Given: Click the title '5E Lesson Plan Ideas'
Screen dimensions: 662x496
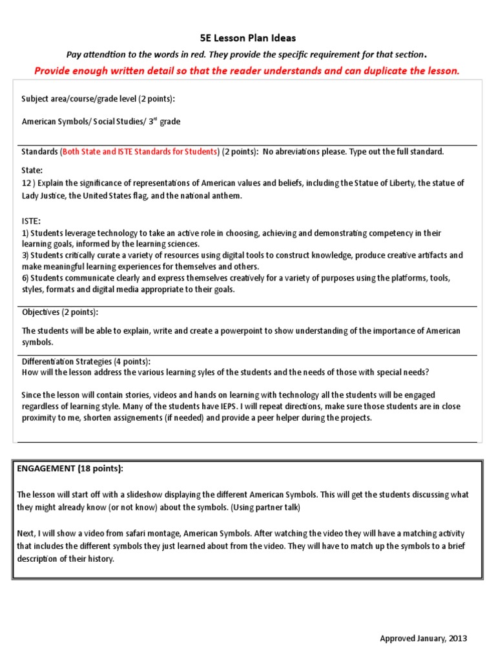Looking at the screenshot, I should [247, 38].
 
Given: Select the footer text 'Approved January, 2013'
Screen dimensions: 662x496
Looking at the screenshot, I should [423, 638].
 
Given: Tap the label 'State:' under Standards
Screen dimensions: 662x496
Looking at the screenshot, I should [32, 170].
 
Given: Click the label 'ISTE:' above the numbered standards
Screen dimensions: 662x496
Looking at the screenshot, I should [31, 220].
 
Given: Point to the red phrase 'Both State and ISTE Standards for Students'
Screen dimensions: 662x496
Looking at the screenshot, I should [139, 152].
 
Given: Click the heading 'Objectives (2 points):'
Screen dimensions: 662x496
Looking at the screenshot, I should [60, 312].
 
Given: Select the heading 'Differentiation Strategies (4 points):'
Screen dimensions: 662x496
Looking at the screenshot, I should [86, 361].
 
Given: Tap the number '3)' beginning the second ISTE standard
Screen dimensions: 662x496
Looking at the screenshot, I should [25, 255].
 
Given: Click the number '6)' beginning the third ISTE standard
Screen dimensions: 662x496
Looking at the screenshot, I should [25, 278].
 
